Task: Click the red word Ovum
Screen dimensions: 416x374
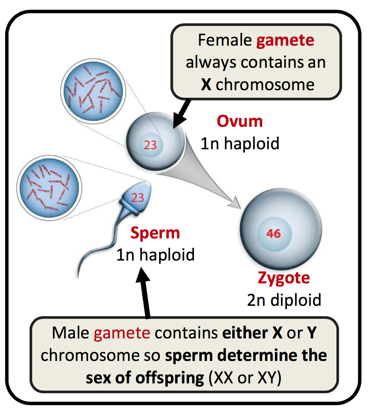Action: pyautogui.click(x=240, y=121)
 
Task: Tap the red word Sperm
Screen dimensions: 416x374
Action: pyautogui.click(x=155, y=233)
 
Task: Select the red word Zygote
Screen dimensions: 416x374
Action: pyautogui.click(x=284, y=278)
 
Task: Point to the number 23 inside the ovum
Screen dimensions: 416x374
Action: pyautogui.click(x=150, y=145)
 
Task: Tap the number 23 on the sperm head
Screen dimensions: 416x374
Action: pyautogui.click(x=137, y=197)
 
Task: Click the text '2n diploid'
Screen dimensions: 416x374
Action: pyautogui.click(x=284, y=300)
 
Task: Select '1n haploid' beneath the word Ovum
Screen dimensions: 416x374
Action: pyautogui.click(x=240, y=143)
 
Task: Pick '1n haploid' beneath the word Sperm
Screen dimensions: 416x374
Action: pyautogui.click(x=155, y=255)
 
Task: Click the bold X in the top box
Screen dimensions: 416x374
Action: pyautogui.click(x=206, y=84)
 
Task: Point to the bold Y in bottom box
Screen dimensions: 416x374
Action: pyautogui.click(x=311, y=333)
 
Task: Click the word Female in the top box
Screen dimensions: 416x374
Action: pyautogui.click(x=225, y=40)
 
